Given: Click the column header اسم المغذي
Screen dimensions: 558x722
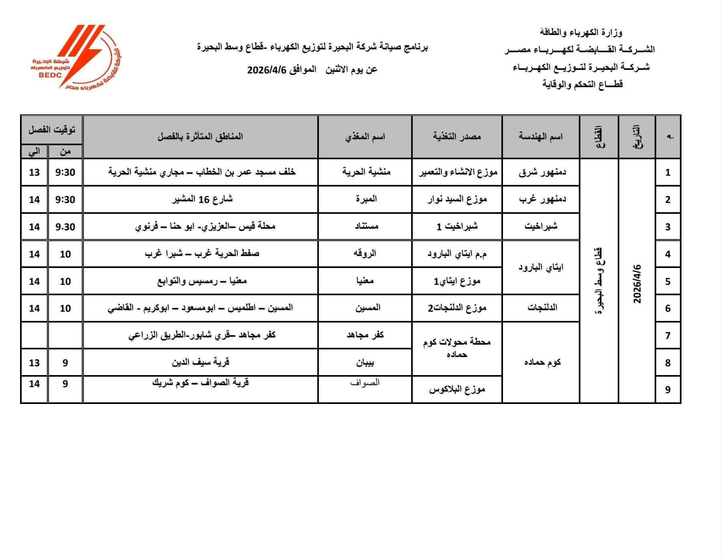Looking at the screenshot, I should (x=365, y=136).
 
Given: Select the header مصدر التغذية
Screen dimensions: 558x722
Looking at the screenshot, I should (x=457, y=136).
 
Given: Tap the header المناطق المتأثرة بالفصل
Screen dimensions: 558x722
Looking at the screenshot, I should (x=200, y=136).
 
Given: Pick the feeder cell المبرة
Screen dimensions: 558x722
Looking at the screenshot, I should (x=366, y=199).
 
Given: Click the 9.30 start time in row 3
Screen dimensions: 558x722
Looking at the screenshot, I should (x=65, y=227).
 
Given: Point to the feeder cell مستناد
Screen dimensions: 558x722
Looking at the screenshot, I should (x=366, y=226).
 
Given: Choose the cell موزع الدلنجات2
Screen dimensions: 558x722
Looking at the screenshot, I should (x=457, y=308).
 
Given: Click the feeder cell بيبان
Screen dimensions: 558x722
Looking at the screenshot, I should (x=366, y=363).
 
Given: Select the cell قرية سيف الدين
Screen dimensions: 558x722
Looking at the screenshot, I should (x=201, y=362).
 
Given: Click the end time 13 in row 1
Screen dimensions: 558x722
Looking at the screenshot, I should (x=34, y=172).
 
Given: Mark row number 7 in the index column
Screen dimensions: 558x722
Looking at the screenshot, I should (x=668, y=335).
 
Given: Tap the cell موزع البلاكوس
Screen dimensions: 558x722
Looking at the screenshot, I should (x=457, y=389).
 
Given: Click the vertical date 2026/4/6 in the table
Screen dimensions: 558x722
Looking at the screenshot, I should (x=637, y=284).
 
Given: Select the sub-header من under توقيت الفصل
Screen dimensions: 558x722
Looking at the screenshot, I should (x=65, y=152).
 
